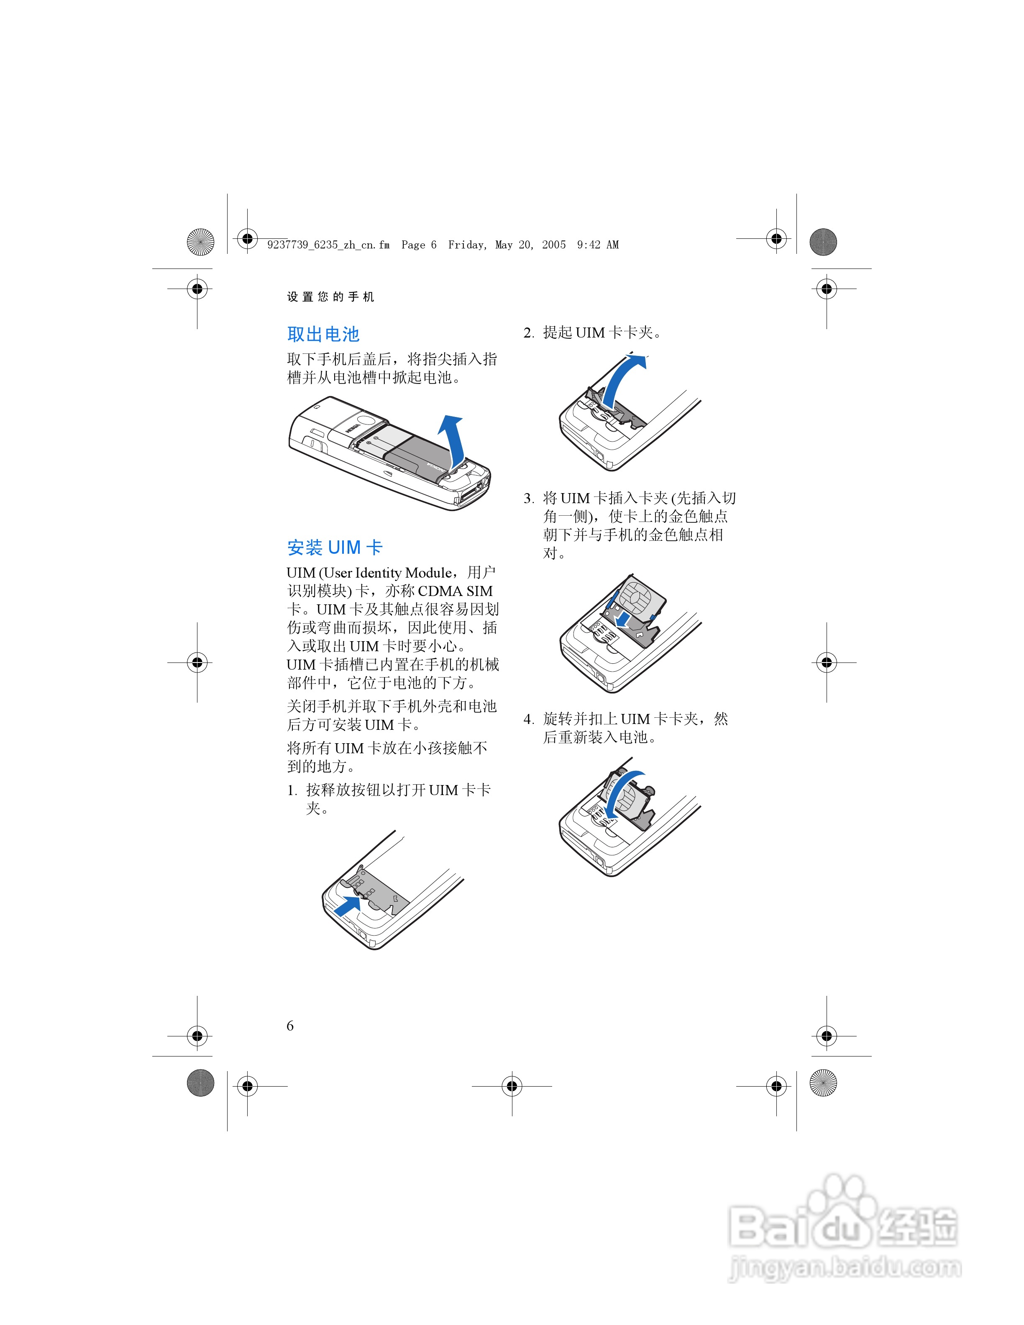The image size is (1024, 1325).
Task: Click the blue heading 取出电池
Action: click(x=323, y=334)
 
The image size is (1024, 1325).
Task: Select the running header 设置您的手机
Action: click(x=330, y=297)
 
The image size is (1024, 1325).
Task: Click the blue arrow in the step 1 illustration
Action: click(x=348, y=906)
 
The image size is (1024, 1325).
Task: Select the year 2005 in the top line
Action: click(x=553, y=245)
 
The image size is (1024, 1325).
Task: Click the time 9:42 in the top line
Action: click(x=589, y=245)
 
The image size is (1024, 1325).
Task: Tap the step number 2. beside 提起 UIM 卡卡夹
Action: click(x=528, y=333)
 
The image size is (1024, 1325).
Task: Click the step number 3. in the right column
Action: click(x=528, y=499)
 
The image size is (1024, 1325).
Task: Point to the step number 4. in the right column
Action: click(x=528, y=719)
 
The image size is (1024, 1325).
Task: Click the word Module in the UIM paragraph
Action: click(x=429, y=573)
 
